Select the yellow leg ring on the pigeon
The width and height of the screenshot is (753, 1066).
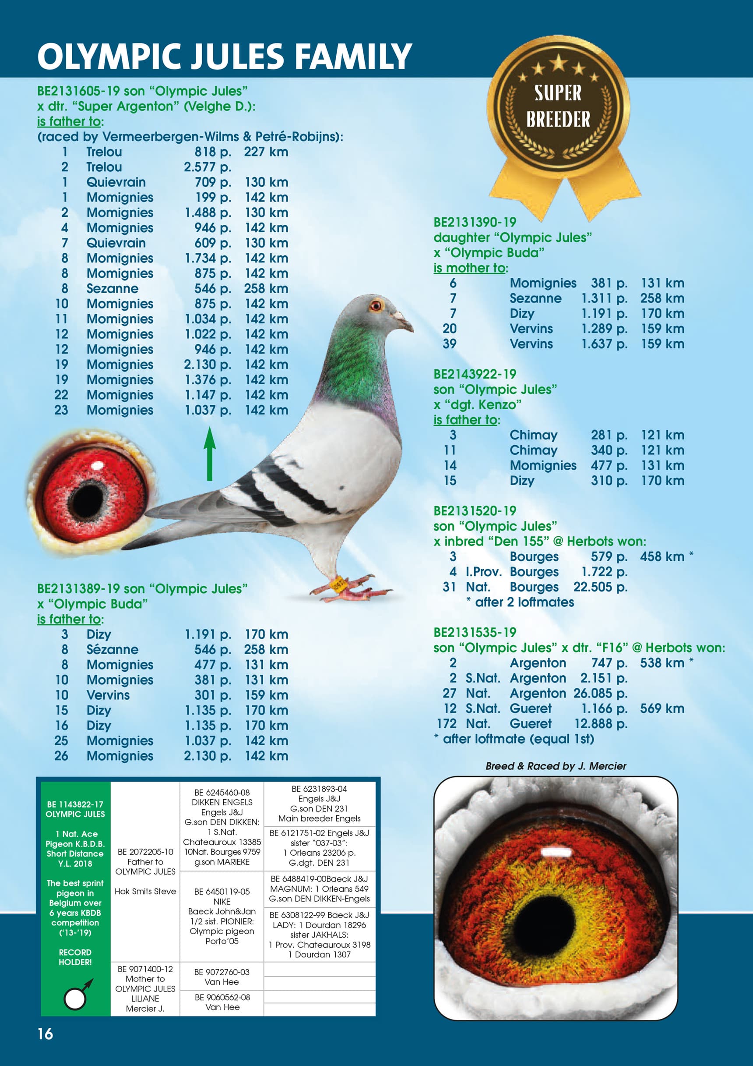coord(338,584)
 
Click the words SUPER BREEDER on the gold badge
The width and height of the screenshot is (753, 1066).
coord(558,106)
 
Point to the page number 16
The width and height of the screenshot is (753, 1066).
coord(46,1034)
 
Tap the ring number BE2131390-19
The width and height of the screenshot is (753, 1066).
coord(475,223)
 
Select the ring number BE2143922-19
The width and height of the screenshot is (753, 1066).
coord(475,374)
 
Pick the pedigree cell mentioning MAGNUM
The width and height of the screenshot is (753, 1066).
coord(319,889)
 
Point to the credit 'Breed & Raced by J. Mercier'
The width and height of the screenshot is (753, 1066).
coord(556,766)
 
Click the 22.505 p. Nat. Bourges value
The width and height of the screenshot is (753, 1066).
coord(600,587)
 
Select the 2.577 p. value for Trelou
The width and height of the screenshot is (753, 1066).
coord(208,167)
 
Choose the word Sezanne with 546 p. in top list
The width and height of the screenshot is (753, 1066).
coord(112,289)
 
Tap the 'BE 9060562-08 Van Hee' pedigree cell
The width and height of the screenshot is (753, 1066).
coord(222,1002)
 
